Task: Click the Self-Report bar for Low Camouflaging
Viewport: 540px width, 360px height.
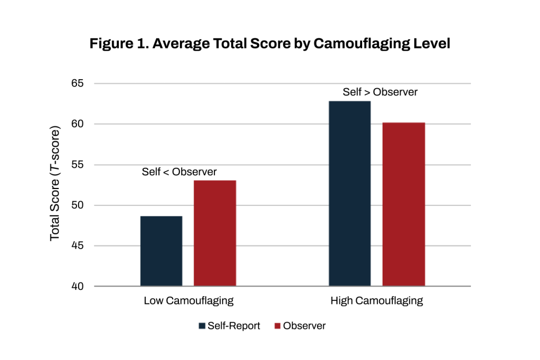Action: coord(161,251)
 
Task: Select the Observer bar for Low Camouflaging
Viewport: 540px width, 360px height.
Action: coord(215,233)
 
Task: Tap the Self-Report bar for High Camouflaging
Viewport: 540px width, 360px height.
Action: coord(349,194)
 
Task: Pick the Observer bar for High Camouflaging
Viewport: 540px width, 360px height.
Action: coord(404,204)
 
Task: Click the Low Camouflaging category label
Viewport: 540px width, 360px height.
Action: coord(188,301)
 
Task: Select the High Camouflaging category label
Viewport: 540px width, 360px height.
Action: coord(376,301)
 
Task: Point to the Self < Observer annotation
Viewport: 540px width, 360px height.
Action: coord(179,172)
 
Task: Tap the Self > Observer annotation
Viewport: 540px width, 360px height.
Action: coord(380,92)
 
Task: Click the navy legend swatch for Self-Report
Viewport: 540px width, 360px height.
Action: coord(202,326)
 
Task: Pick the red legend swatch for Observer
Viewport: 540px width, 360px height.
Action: coord(277,326)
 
